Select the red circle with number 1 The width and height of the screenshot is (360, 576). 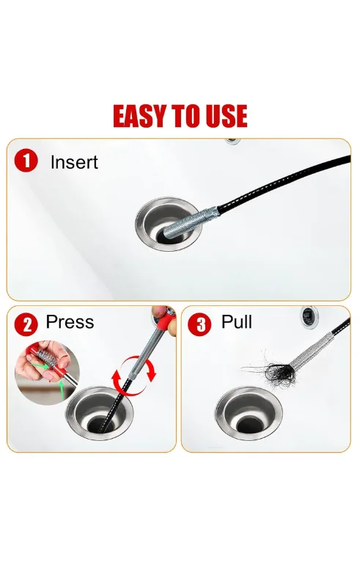tap(26, 161)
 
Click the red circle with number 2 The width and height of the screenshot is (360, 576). tap(26, 324)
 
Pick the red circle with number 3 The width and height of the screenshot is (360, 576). tap(199, 324)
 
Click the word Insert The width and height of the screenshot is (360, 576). tap(74, 162)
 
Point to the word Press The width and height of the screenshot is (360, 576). tap(70, 322)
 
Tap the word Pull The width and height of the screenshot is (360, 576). tap(237, 322)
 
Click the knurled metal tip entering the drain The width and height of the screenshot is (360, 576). tap(190, 222)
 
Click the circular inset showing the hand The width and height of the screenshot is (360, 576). tap(47, 372)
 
